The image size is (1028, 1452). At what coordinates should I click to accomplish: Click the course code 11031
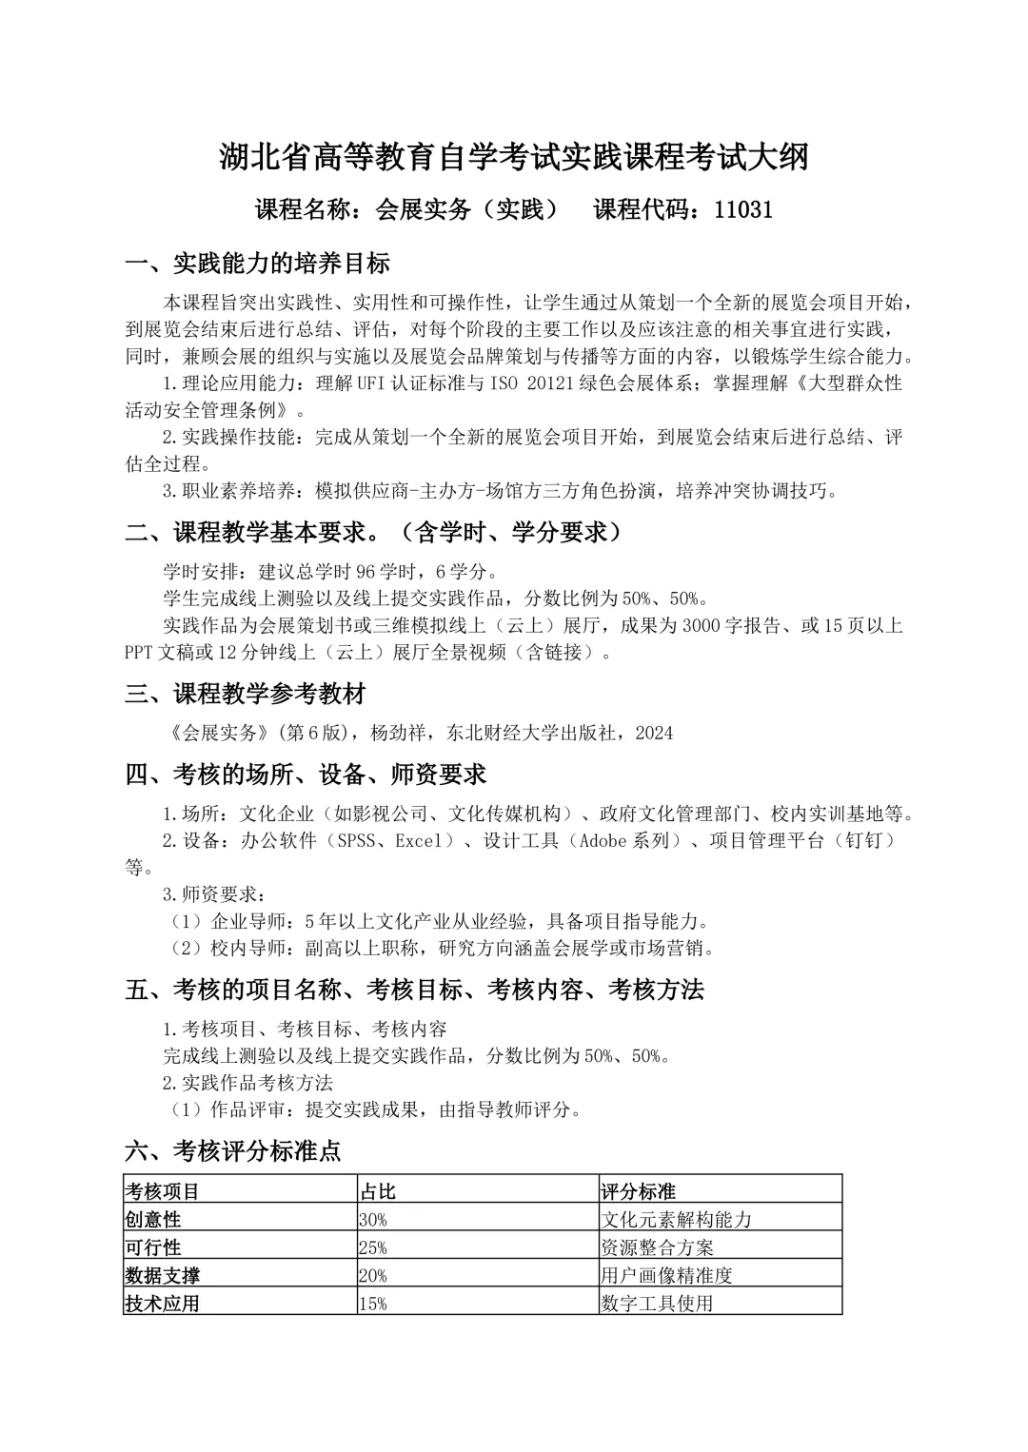click(x=742, y=209)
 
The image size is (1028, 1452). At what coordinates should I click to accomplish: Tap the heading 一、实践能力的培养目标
click(x=258, y=263)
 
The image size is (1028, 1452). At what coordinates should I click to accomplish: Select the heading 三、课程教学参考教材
click(x=246, y=693)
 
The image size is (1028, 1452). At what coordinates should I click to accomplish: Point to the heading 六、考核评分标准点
click(x=233, y=1150)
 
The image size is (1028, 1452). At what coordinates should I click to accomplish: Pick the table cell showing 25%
click(x=373, y=1247)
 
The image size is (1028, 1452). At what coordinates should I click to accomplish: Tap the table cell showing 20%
click(x=373, y=1275)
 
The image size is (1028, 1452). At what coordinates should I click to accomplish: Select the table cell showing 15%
click(x=373, y=1303)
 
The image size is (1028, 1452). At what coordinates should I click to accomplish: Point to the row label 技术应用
click(x=162, y=1303)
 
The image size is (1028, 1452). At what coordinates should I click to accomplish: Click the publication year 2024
click(x=654, y=733)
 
